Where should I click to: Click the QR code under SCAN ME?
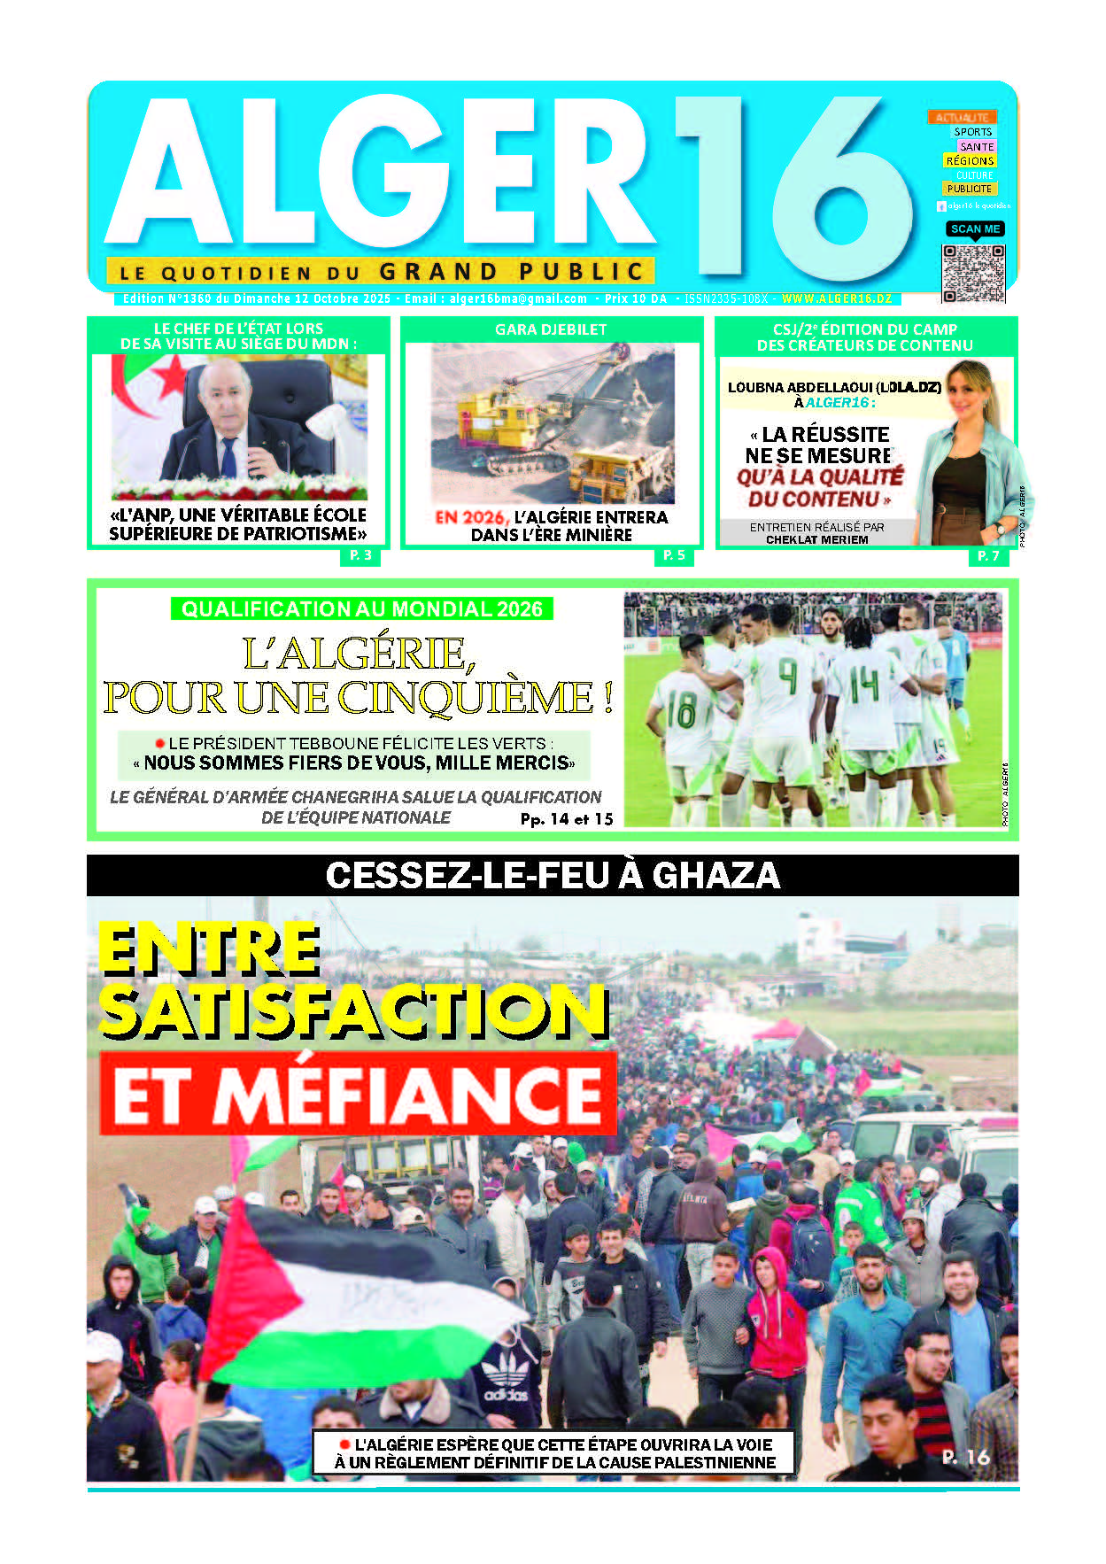pyautogui.click(x=972, y=273)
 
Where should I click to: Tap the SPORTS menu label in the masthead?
pyautogui.click(x=972, y=132)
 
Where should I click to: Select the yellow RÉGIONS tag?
pyautogui.click(x=970, y=161)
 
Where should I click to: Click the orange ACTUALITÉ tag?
pyautogui.click(x=962, y=117)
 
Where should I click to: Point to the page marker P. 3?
pyautogui.click(x=360, y=555)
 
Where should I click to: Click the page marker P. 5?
pyautogui.click(x=674, y=555)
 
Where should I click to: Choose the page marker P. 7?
pyautogui.click(x=988, y=555)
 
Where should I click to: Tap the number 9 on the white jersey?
pyautogui.click(x=787, y=677)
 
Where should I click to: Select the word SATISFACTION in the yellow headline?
pyautogui.click(x=353, y=1011)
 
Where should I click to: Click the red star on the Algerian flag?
pyautogui.click(x=168, y=379)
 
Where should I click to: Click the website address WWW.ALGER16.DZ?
pyautogui.click(x=836, y=299)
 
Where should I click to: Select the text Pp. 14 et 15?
pyautogui.click(x=567, y=819)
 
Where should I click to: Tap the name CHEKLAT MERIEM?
pyautogui.click(x=816, y=539)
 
